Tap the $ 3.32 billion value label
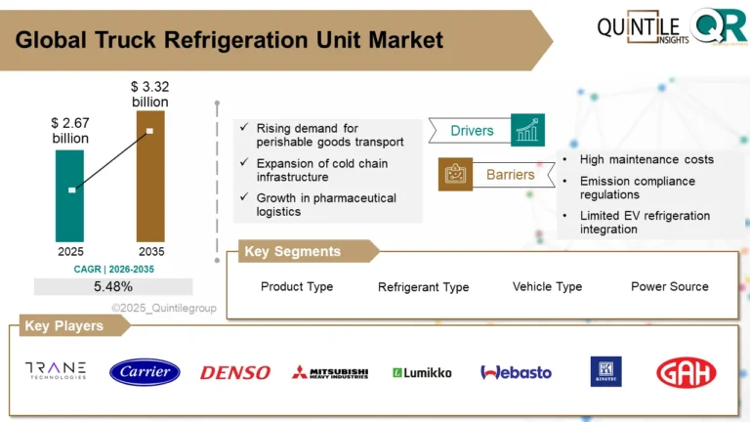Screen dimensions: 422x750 click(x=149, y=95)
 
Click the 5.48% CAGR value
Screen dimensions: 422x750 click(x=113, y=286)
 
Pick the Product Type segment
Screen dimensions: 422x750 click(x=297, y=286)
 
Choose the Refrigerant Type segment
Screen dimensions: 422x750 click(x=423, y=287)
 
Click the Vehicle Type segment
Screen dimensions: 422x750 click(x=547, y=286)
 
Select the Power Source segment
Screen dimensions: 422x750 click(x=669, y=286)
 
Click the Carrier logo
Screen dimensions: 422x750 click(x=145, y=372)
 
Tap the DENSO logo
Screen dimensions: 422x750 click(x=235, y=372)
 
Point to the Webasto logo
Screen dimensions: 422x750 click(x=516, y=372)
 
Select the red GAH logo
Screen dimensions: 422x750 click(x=686, y=372)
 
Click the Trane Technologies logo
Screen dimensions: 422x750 click(x=56, y=371)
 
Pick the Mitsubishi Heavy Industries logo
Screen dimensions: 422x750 click(x=330, y=372)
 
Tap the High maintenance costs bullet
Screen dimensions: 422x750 click(x=646, y=159)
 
